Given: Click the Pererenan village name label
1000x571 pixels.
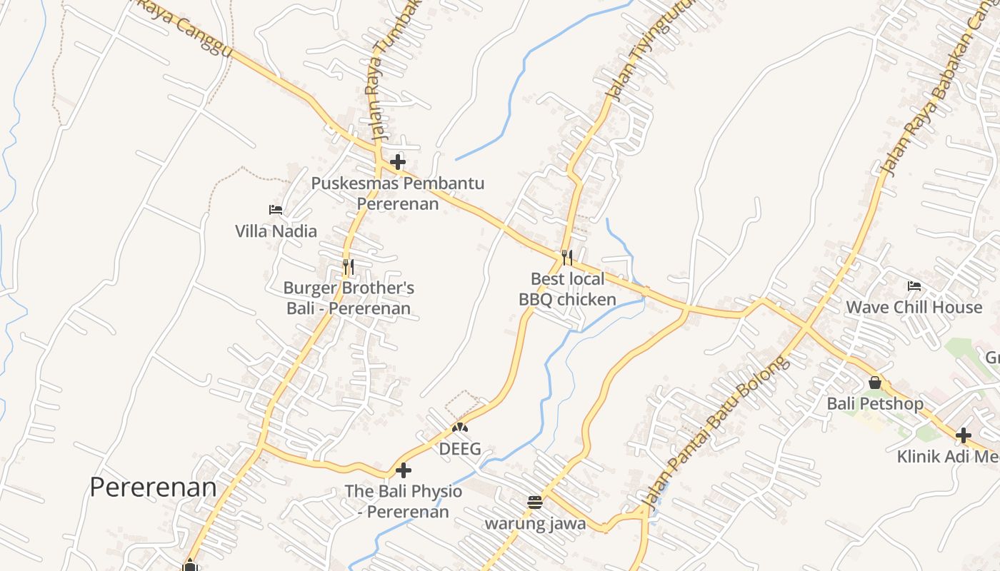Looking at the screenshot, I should pyautogui.click(x=153, y=487).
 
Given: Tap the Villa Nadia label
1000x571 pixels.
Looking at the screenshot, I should pyautogui.click(x=276, y=231).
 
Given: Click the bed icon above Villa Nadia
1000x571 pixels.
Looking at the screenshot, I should pyautogui.click(x=276, y=210).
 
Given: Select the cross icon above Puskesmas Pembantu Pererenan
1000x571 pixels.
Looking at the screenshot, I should pyautogui.click(x=398, y=162).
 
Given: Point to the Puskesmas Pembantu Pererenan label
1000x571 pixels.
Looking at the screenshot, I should pyautogui.click(x=397, y=193).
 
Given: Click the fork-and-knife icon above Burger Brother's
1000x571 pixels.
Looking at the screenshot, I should pyautogui.click(x=349, y=267).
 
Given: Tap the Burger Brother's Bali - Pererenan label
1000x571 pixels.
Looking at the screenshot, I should pyautogui.click(x=349, y=298).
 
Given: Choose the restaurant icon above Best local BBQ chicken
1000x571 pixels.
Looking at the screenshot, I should pyautogui.click(x=567, y=258).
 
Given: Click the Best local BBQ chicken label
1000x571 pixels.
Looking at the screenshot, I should pyautogui.click(x=567, y=289).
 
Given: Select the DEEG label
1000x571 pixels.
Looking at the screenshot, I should pyautogui.click(x=459, y=449).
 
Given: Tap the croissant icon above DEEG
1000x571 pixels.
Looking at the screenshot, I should pyautogui.click(x=459, y=428).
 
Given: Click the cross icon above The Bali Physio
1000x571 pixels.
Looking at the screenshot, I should pyautogui.click(x=404, y=470).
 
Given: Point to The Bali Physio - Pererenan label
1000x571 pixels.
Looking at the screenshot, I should pyautogui.click(x=404, y=501).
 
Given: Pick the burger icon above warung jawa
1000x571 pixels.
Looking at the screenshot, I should pyautogui.click(x=535, y=502).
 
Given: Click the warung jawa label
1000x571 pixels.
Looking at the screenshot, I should pyautogui.click(x=535, y=524).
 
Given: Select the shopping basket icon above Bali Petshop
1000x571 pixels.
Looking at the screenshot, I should pyautogui.click(x=875, y=383).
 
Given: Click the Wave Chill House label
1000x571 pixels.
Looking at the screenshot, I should pyautogui.click(x=914, y=307).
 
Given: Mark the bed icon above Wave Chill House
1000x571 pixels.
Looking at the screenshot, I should pyautogui.click(x=914, y=286).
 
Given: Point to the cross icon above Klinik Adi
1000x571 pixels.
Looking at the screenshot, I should pyautogui.click(x=964, y=435).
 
